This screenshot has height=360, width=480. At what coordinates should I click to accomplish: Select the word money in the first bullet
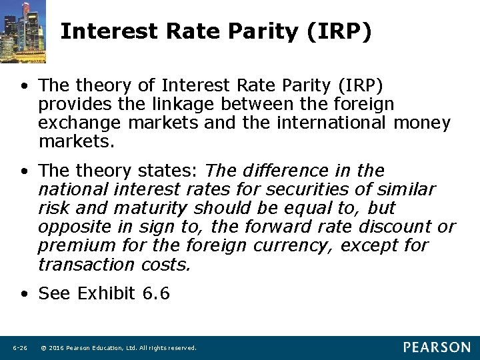[422, 123]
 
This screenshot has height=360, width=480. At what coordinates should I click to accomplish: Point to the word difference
[281, 171]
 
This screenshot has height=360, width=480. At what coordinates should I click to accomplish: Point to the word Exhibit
[107, 293]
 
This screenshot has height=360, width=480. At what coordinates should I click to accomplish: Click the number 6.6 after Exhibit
[156, 293]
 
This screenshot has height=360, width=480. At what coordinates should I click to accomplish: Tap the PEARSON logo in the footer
[437, 347]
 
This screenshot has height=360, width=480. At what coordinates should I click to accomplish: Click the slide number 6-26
[20, 348]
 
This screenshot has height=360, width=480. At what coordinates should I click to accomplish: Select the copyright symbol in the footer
[43, 348]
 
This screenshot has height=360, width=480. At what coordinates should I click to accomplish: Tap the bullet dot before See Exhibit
[24, 293]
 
